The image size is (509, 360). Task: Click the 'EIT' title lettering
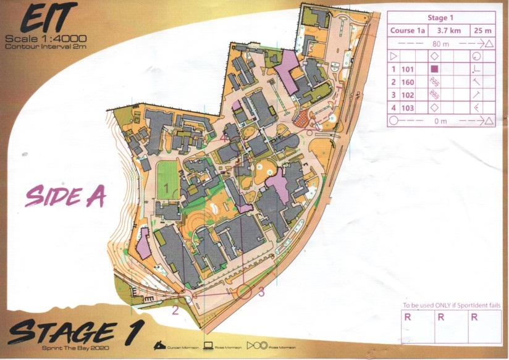(x=44, y=19)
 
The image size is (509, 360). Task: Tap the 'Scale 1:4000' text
(x=45, y=40)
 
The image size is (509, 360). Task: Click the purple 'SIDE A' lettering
(x=65, y=196)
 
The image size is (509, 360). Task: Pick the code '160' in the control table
(x=408, y=82)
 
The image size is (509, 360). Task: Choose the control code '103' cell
(x=408, y=108)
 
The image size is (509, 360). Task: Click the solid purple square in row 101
(x=434, y=69)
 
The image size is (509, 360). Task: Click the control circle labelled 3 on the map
(x=245, y=291)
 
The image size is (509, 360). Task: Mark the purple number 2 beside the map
(x=175, y=310)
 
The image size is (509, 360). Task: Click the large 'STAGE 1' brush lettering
(x=74, y=332)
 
